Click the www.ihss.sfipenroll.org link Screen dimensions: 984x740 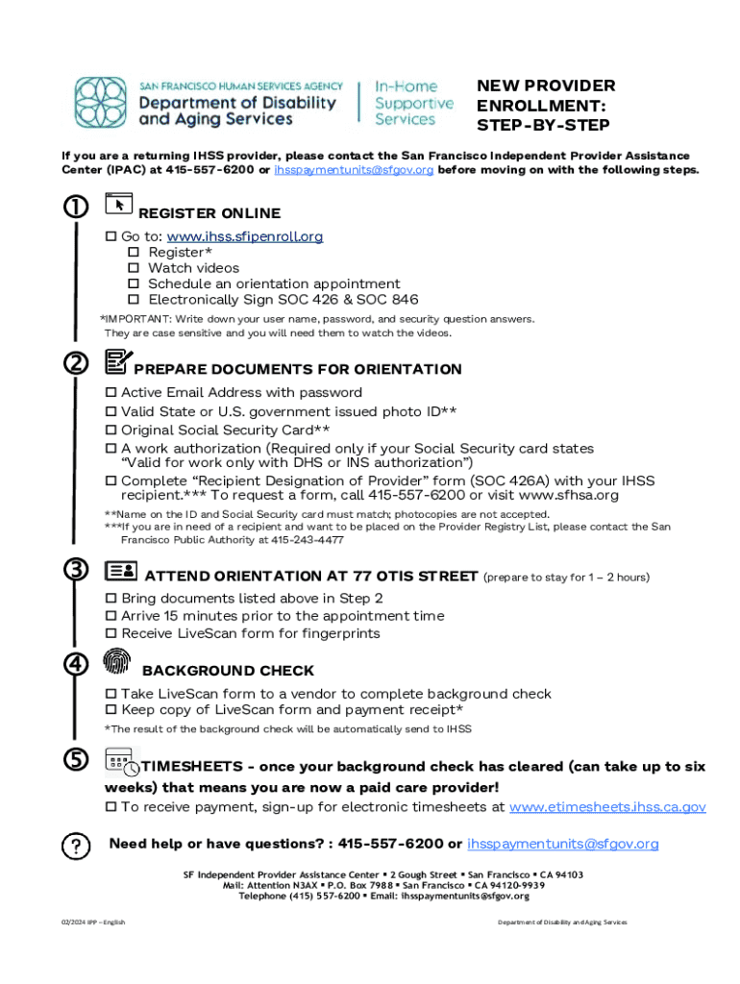pos(244,236)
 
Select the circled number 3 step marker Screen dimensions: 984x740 pos(74,570)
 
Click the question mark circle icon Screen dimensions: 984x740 pos(74,846)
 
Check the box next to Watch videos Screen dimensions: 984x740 pos(135,268)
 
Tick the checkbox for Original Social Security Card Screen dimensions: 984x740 pos(111,430)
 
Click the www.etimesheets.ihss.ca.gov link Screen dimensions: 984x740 pos(606,807)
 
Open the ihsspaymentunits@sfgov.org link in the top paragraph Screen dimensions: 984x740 pos(354,170)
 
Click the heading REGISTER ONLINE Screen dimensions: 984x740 pos(210,213)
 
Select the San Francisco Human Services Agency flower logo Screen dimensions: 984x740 pos(101,104)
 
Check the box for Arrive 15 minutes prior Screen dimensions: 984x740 pos(111,616)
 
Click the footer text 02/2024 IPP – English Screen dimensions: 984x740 pos(91,922)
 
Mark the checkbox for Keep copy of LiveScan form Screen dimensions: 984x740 pos(111,710)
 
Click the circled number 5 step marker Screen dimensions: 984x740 pos(74,759)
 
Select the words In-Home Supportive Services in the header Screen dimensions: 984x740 pos(413,103)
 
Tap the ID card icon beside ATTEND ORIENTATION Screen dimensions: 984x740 pos(120,571)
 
